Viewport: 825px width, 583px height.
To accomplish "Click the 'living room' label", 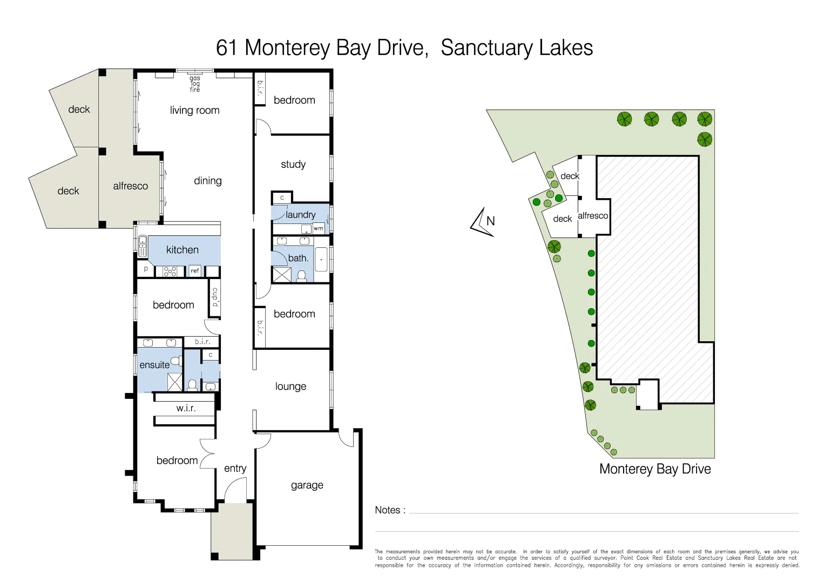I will pos(194,111).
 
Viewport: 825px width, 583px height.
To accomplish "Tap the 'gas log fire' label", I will pos(195,84).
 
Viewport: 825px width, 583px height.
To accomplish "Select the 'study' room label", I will pos(293,165).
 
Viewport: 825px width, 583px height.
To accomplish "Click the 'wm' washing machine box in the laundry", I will pos(319,228).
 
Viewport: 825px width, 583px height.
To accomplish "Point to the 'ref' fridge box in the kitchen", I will pos(195,270).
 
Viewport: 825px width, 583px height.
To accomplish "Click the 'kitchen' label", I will pos(182,250).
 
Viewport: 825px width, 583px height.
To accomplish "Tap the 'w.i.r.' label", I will pos(186,409).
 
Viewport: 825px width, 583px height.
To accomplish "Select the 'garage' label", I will pos(307,485).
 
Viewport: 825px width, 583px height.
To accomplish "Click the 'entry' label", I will pos(235,469).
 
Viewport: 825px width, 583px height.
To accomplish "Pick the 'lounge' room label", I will pos(290,387).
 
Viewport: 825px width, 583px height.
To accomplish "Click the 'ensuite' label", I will pos(154,365).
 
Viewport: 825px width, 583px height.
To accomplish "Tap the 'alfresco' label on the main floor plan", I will pos(130,186).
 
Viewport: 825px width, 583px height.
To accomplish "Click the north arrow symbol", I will pos(483,222).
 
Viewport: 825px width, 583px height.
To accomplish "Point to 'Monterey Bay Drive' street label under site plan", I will pos(655,469).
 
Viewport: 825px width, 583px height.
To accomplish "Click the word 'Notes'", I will pos(387,510).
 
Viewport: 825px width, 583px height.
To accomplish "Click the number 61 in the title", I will pos(227,48).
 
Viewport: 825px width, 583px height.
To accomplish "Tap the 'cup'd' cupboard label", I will pos(215,297).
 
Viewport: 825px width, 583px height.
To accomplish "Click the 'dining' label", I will pos(208,181).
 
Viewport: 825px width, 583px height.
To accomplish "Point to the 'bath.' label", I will pos(298,259).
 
